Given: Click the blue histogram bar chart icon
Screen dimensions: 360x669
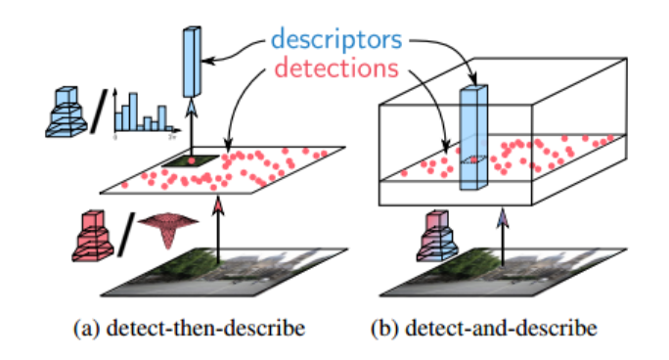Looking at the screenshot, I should pos(143,110).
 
